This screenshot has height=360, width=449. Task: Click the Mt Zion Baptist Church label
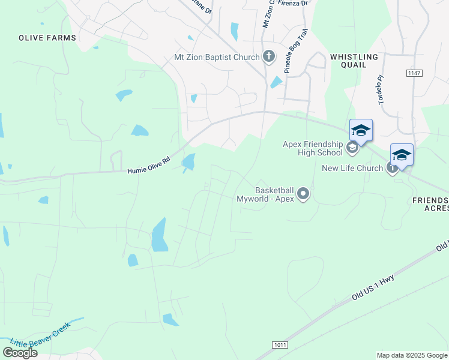(216, 58)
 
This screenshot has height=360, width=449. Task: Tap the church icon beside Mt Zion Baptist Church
(269, 58)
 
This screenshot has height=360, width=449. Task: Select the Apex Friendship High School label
(313, 148)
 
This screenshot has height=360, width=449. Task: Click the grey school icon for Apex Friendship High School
(352, 147)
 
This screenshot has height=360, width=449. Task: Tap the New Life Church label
(352, 168)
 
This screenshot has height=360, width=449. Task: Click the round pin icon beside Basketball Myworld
(303, 193)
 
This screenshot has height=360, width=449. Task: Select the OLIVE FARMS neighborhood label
(47, 38)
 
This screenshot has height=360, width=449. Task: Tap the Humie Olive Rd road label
(149, 166)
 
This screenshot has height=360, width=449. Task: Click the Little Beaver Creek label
(41, 335)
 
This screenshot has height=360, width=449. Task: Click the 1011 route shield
(279, 344)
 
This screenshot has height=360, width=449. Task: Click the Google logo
(20, 353)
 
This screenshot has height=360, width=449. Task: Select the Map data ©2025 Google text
(412, 355)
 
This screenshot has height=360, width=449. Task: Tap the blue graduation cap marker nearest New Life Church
(402, 155)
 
